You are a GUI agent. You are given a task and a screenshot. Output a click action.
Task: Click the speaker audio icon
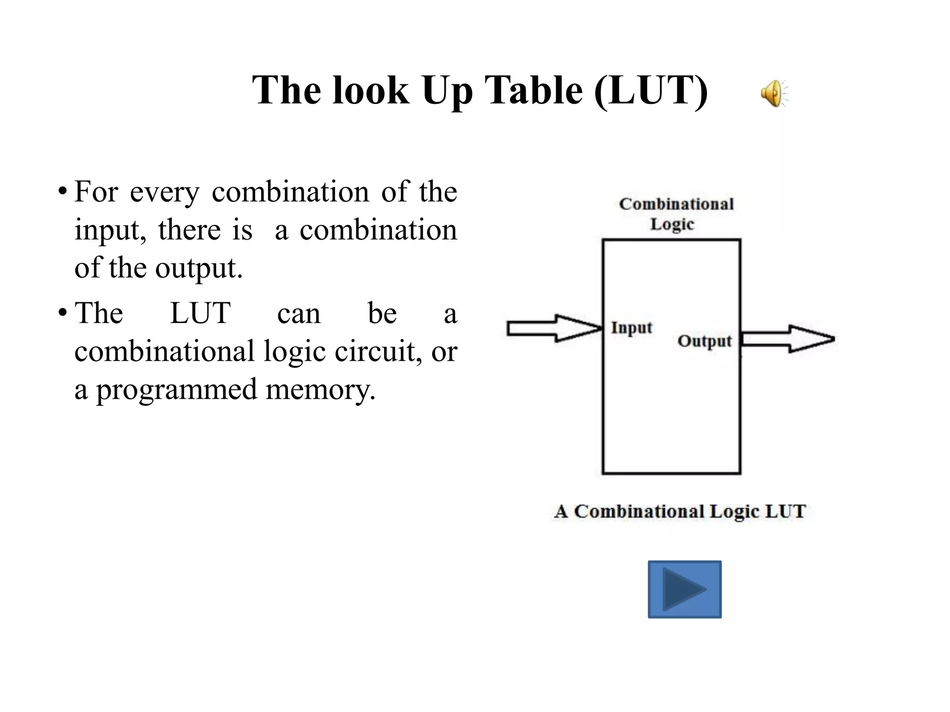click(773, 93)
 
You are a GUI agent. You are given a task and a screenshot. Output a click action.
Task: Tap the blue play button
click(684, 589)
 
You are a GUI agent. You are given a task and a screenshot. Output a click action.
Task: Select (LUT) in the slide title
click(651, 91)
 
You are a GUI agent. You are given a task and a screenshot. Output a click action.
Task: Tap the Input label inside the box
click(631, 328)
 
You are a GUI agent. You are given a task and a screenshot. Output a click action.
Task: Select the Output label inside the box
click(704, 341)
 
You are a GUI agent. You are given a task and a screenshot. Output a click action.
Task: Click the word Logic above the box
click(672, 224)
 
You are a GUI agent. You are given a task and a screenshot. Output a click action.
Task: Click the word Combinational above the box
click(676, 204)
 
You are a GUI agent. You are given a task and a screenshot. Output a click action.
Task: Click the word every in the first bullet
click(165, 192)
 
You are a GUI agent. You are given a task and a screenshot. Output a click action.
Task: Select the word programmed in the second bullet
click(176, 389)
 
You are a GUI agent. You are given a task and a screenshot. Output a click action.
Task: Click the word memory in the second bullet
click(320, 389)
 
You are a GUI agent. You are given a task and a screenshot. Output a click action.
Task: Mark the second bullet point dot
click(62, 312)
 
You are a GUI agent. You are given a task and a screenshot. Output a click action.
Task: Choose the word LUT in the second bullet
click(200, 313)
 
